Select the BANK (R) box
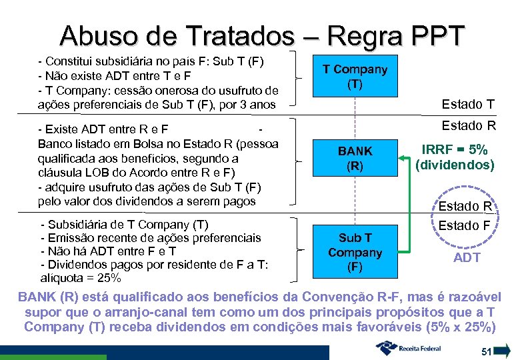pyautogui.click(x=355, y=159)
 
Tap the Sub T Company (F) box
pyautogui.click(x=355, y=253)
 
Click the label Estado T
pyautogui.click(x=469, y=104)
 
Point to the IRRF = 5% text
pyautogui.click(x=455, y=150)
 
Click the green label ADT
pyautogui.click(x=467, y=258)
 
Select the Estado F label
pyautogui.click(x=464, y=225)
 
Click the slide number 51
pyautogui.click(x=487, y=351)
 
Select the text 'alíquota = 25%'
pyautogui.click(x=81, y=277)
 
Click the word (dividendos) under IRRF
pyautogui.click(x=455, y=165)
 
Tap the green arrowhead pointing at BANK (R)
pyautogui.click(x=405, y=158)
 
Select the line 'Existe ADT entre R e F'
pyautogui.click(x=103, y=128)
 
